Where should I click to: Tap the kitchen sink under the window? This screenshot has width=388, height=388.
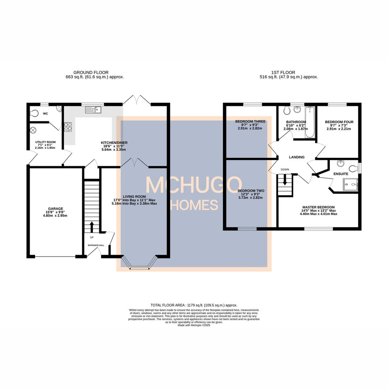coord(93,109)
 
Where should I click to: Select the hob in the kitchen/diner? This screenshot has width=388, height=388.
coord(68,126)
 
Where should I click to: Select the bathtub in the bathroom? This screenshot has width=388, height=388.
coord(309,122)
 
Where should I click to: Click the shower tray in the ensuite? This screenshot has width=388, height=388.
coord(350,184)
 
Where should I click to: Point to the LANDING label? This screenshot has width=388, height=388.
coord(297,157)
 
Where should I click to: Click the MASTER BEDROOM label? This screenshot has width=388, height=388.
coord(318,207)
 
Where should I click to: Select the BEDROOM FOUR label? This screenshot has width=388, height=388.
coord(339,122)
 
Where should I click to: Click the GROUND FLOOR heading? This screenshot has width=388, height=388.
coord(91,72)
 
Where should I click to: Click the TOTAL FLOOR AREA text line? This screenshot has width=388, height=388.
coord(194,305)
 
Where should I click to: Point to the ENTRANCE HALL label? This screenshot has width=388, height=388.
coord(96,245)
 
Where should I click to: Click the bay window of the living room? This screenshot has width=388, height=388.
coord(140,265)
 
